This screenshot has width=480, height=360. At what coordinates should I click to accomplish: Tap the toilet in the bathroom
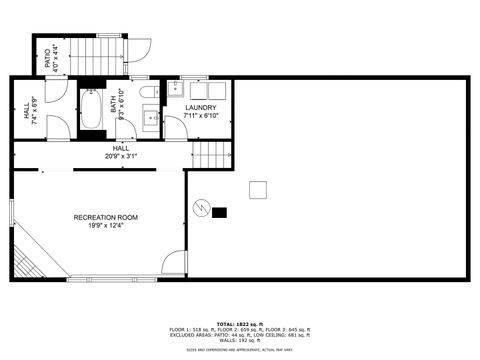click(x=149, y=96)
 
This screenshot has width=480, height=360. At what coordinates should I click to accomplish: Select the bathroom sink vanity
click(x=152, y=121)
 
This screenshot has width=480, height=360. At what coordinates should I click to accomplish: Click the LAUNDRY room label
click(x=200, y=107)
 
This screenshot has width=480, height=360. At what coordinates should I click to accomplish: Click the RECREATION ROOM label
click(x=105, y=217)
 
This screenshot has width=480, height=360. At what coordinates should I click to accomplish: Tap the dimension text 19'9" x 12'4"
click(x=105, y=226)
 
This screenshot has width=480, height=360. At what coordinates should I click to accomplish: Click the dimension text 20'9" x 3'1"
click(x=120, y=156)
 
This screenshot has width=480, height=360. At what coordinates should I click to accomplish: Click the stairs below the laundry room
click(x=212, y=154)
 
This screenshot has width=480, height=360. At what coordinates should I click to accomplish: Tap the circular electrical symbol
click(x=201, y=208)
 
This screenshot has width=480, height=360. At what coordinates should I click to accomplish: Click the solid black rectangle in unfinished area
click(x=219, y=212)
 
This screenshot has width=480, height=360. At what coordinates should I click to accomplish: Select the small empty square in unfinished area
click(x=259, y=189)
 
